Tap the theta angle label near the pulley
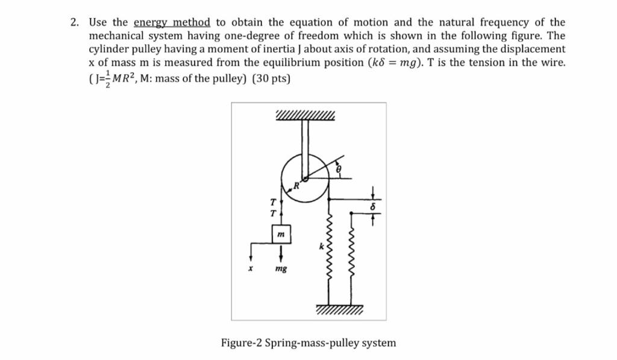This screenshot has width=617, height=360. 339,171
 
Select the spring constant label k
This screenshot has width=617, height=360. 321,247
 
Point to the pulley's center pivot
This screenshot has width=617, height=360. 305,178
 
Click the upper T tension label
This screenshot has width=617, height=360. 272,202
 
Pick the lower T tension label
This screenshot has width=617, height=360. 272,213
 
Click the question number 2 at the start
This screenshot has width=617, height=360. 74,23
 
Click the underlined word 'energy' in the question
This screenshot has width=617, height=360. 151,23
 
